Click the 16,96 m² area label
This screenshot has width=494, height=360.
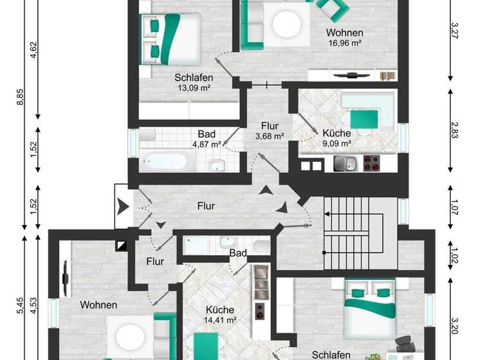click(x=344, y=43)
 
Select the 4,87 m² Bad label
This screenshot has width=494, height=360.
click(x=206, y=144)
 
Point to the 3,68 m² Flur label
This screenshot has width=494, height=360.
click(x=270, y=136)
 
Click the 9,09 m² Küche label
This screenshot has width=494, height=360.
click(x=336, y=143)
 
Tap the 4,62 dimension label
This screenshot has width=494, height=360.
click(x=33, y=50)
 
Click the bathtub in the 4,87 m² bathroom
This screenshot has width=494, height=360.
click(x=165, y=161)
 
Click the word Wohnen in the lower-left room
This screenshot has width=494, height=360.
click(x=98, y=305)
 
